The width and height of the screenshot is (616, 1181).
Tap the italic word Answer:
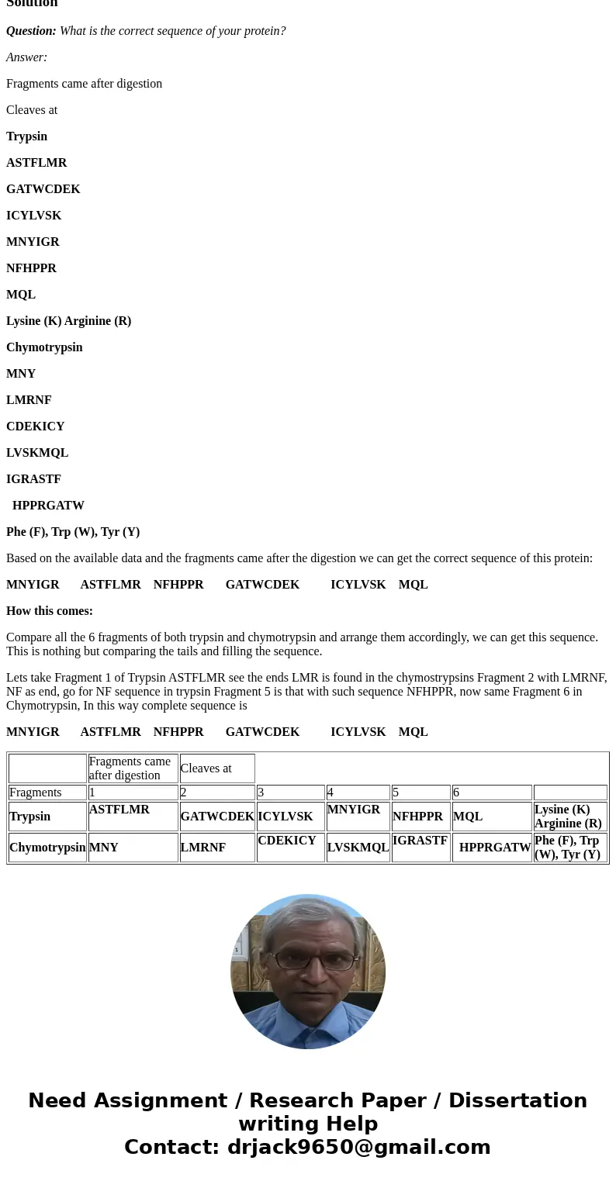(26, 57)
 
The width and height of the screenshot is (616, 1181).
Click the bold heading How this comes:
(50, 611)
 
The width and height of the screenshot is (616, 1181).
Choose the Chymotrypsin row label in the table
(47, 848)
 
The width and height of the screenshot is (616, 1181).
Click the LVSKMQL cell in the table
(358, 848)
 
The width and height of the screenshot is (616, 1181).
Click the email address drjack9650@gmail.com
(358, 1147)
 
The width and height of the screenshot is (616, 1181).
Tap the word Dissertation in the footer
(517, 1101)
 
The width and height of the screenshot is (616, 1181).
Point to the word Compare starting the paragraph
(29, 637)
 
